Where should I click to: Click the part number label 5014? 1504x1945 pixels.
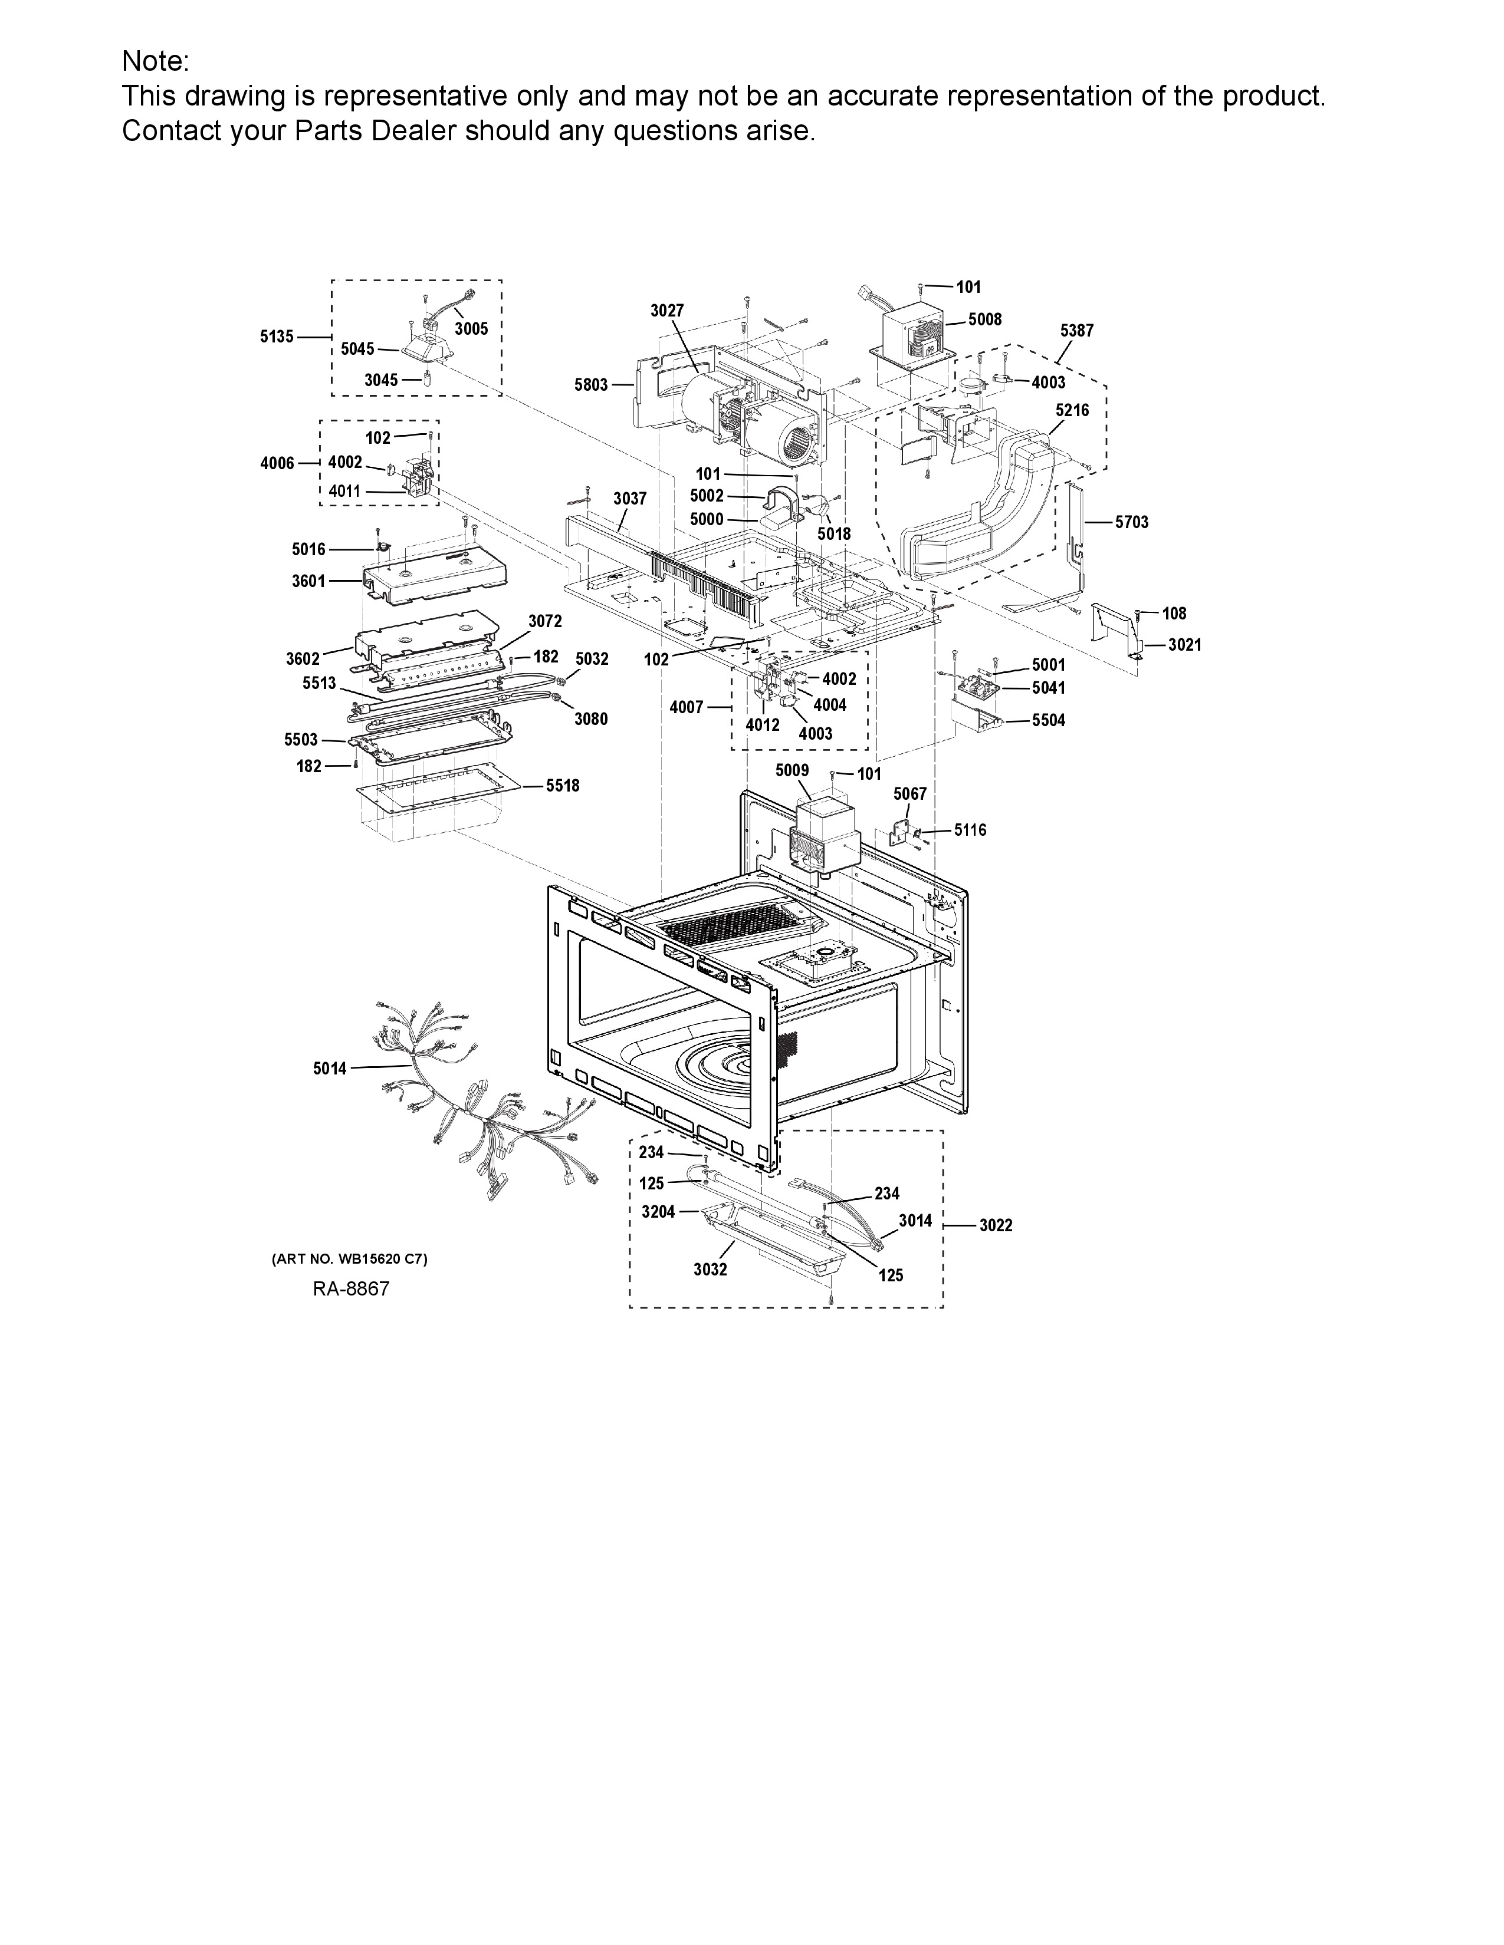[330, 1068]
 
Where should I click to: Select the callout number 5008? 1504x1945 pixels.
[984, 319]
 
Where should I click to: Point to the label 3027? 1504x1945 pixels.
[666, 310]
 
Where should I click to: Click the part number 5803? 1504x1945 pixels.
[591, 385]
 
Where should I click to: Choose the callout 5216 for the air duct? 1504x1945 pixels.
[1072, 411]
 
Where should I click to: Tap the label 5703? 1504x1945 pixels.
[1132, 522]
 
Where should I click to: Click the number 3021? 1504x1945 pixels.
[1185, 645]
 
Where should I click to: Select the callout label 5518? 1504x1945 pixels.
[562, 786]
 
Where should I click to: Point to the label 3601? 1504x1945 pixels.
[308, 581]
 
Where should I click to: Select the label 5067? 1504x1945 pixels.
[909, 793]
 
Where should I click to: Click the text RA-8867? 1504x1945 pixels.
[351, 1288]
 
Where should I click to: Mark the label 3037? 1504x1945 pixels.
[630, 499]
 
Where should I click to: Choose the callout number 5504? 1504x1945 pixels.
[1049, 720]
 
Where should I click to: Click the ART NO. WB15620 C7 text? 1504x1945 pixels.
[349, 1260]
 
